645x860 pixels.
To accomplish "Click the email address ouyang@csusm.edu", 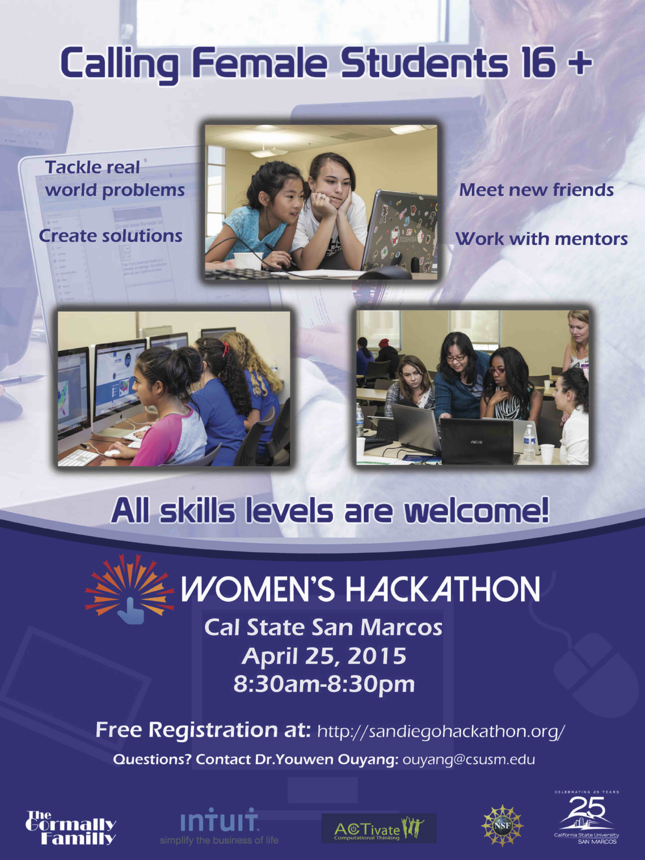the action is point(468,759).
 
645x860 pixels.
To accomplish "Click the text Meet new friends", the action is point(537,190).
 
